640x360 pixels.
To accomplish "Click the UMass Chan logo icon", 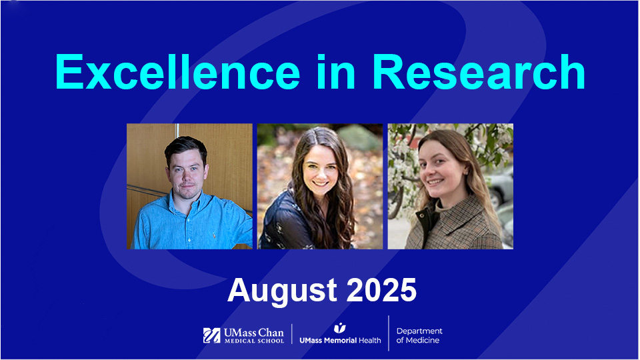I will (x=211, y=335).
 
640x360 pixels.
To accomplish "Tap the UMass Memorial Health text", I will (x=340, y=340).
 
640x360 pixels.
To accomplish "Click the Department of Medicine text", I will (x=419, y=335).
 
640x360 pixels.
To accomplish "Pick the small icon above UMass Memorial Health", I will (x=340, y=327).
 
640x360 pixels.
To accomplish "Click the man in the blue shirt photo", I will (x=190, y=186).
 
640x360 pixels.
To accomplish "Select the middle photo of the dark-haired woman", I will (x=320, y=186).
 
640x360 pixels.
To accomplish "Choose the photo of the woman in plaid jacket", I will (x=450, y=186).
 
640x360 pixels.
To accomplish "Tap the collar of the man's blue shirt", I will (x=179, y=200).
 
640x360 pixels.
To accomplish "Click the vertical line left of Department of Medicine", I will (x=389, y=333).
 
